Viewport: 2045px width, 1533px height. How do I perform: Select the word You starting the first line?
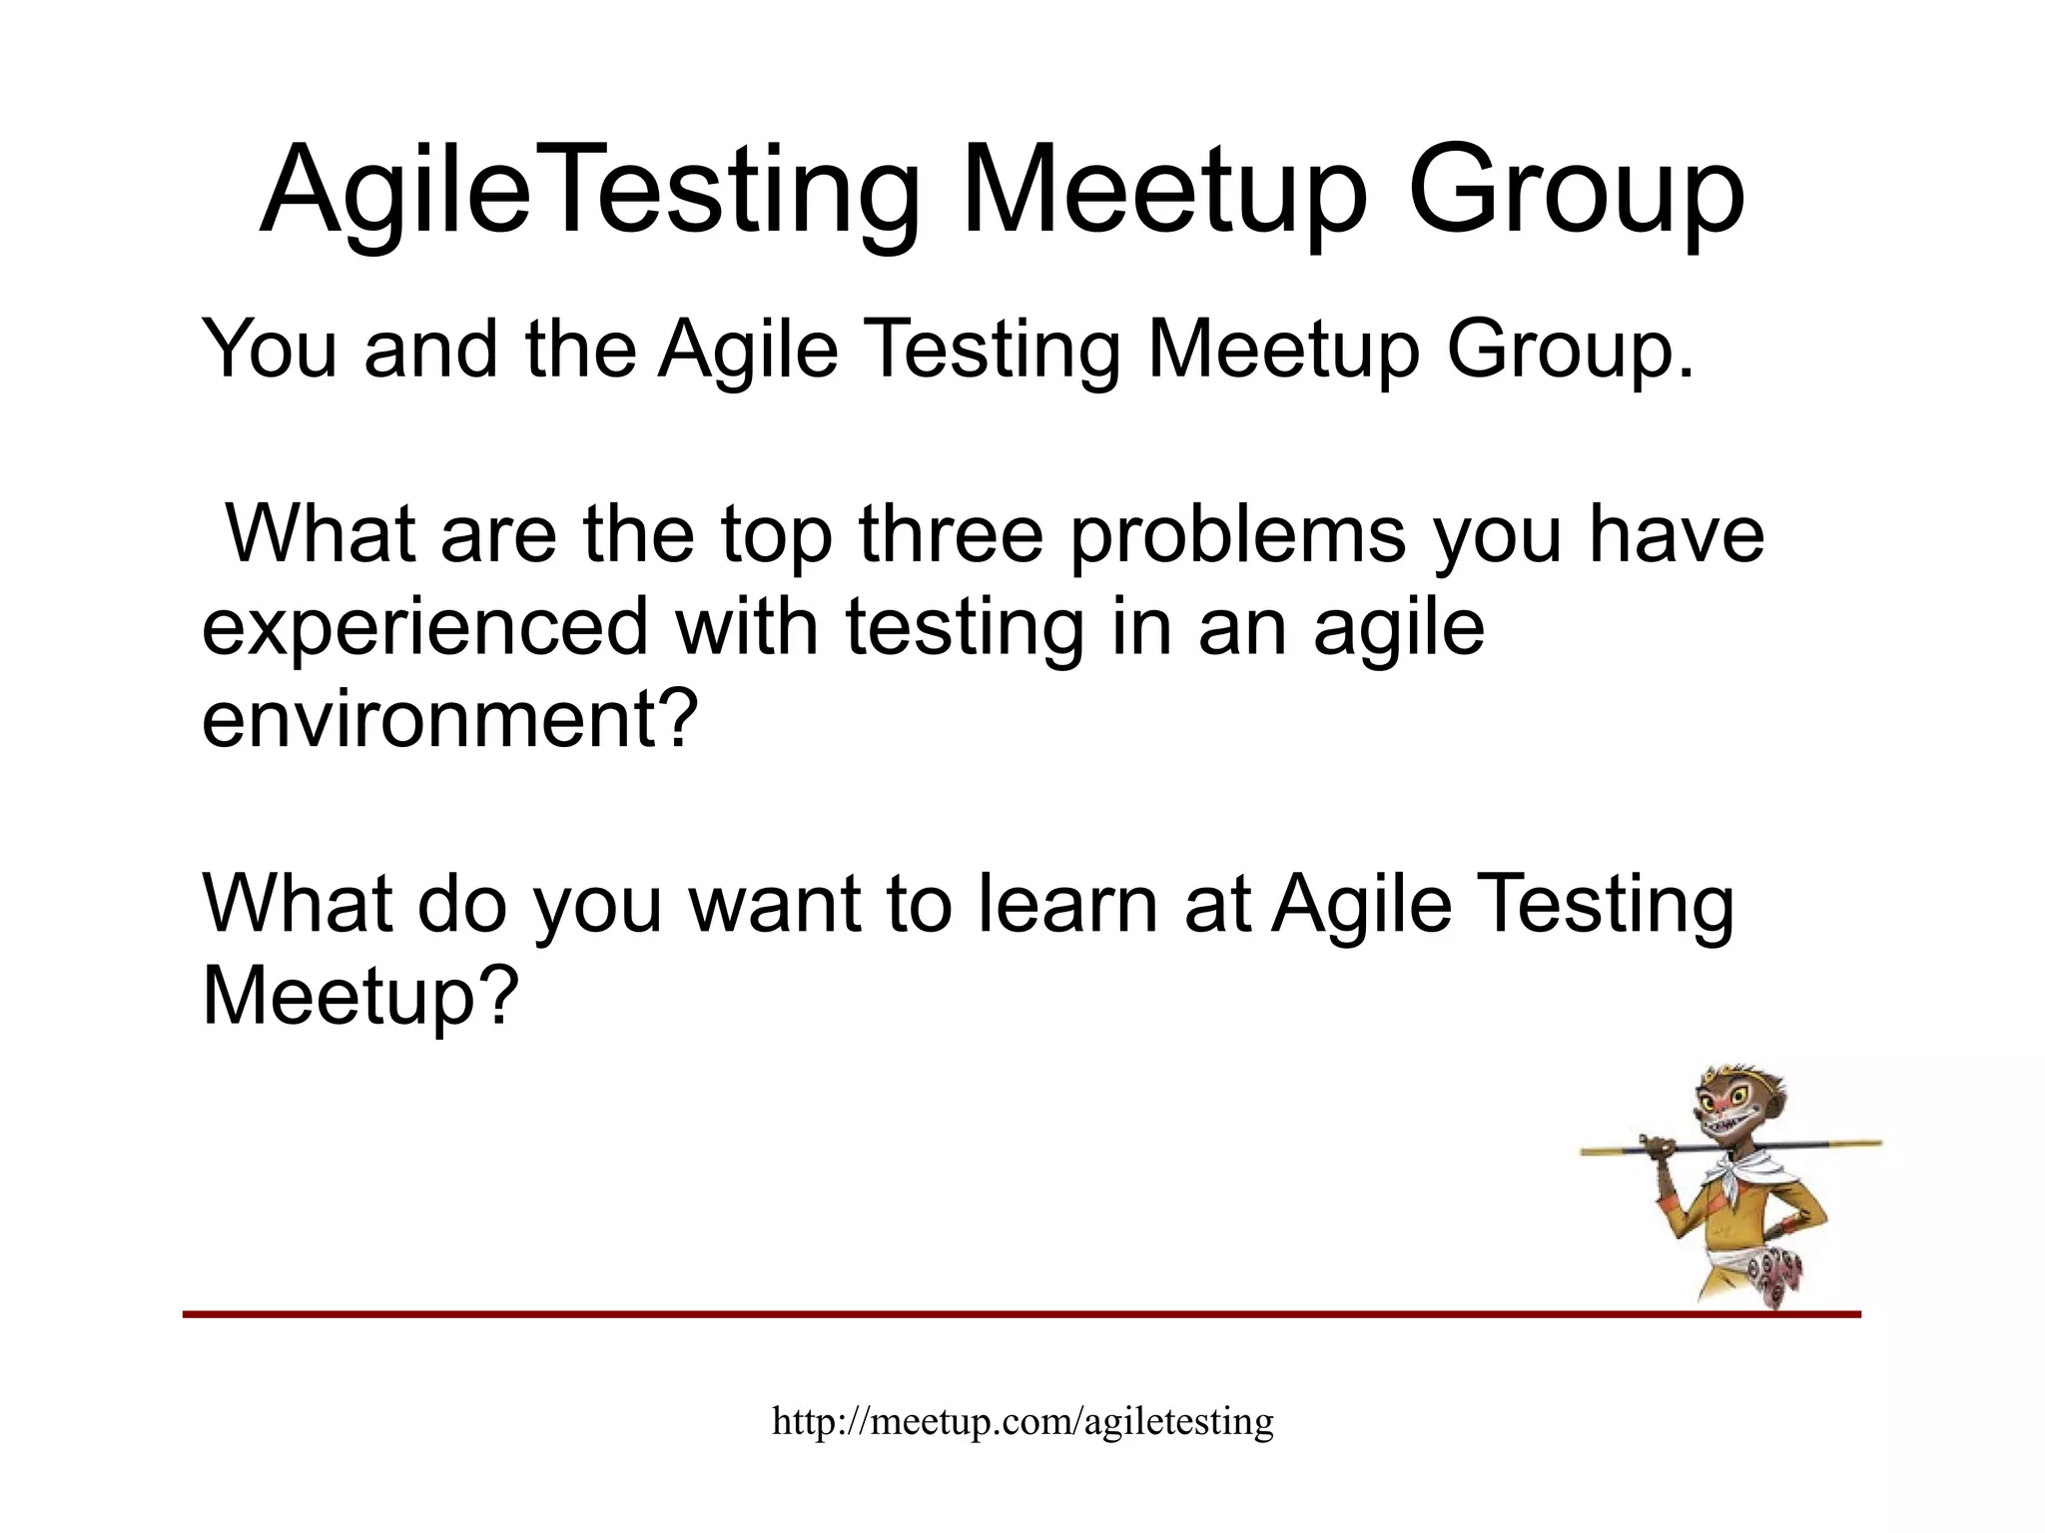269,349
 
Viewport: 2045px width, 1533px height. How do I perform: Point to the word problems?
1238,536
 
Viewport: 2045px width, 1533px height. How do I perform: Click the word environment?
448,719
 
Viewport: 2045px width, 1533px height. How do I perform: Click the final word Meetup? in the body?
360,996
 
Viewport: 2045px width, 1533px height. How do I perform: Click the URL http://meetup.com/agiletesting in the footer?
1022,1421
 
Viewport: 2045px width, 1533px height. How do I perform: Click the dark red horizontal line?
999,1314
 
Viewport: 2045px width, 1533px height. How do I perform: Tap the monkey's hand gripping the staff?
1657,1148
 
